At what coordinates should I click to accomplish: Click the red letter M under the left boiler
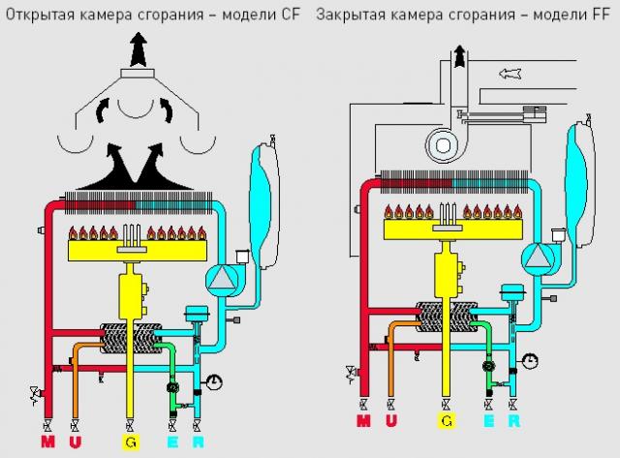[46, 443]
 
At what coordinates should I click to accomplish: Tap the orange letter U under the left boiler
[75, 443]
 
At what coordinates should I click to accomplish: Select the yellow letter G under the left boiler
[129, 443]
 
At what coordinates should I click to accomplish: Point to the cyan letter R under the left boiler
[198, 443]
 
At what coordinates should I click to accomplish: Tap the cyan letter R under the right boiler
[513, 421]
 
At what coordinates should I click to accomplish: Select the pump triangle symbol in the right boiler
[534, 256]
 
